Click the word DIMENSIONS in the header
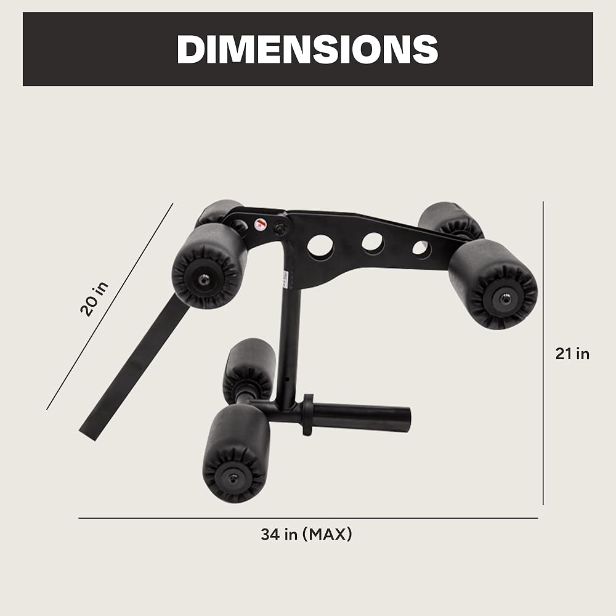[x=307, y=49]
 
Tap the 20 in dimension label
[x=94, y=299]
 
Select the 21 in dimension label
[x=572, y=354]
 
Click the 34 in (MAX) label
[x=306, y=534]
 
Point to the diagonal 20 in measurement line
[x=110, y=306]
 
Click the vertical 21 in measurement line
[x=543, y=353]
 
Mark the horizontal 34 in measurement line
[x=308, y=518]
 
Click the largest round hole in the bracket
[x=320, y=245]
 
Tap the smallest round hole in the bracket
[x=421, y=249]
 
